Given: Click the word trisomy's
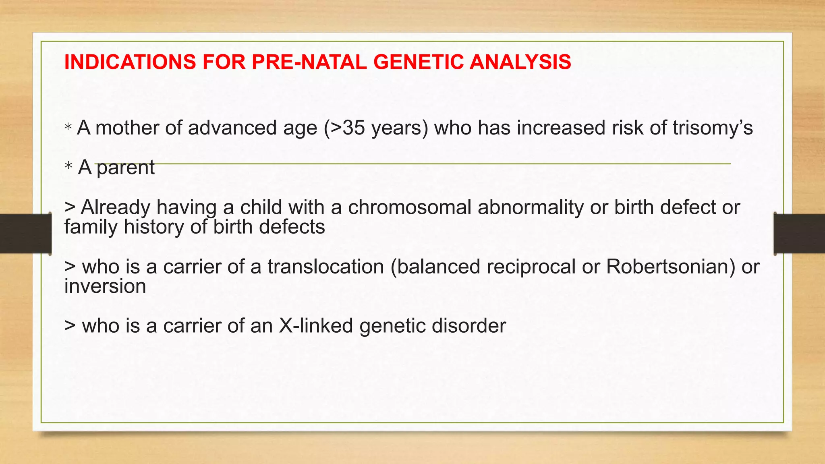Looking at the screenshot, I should click(x=712, y=128).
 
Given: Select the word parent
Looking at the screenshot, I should click(x=125, y=168).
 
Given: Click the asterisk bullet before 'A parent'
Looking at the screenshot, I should click(x=68, y=166).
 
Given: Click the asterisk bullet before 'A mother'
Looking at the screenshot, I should click(x=68, y=127).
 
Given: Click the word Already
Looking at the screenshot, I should click(x=115, y=207).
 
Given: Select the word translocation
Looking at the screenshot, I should click(x=325, y=267).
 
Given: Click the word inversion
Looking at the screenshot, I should click(x=105, y=286).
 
